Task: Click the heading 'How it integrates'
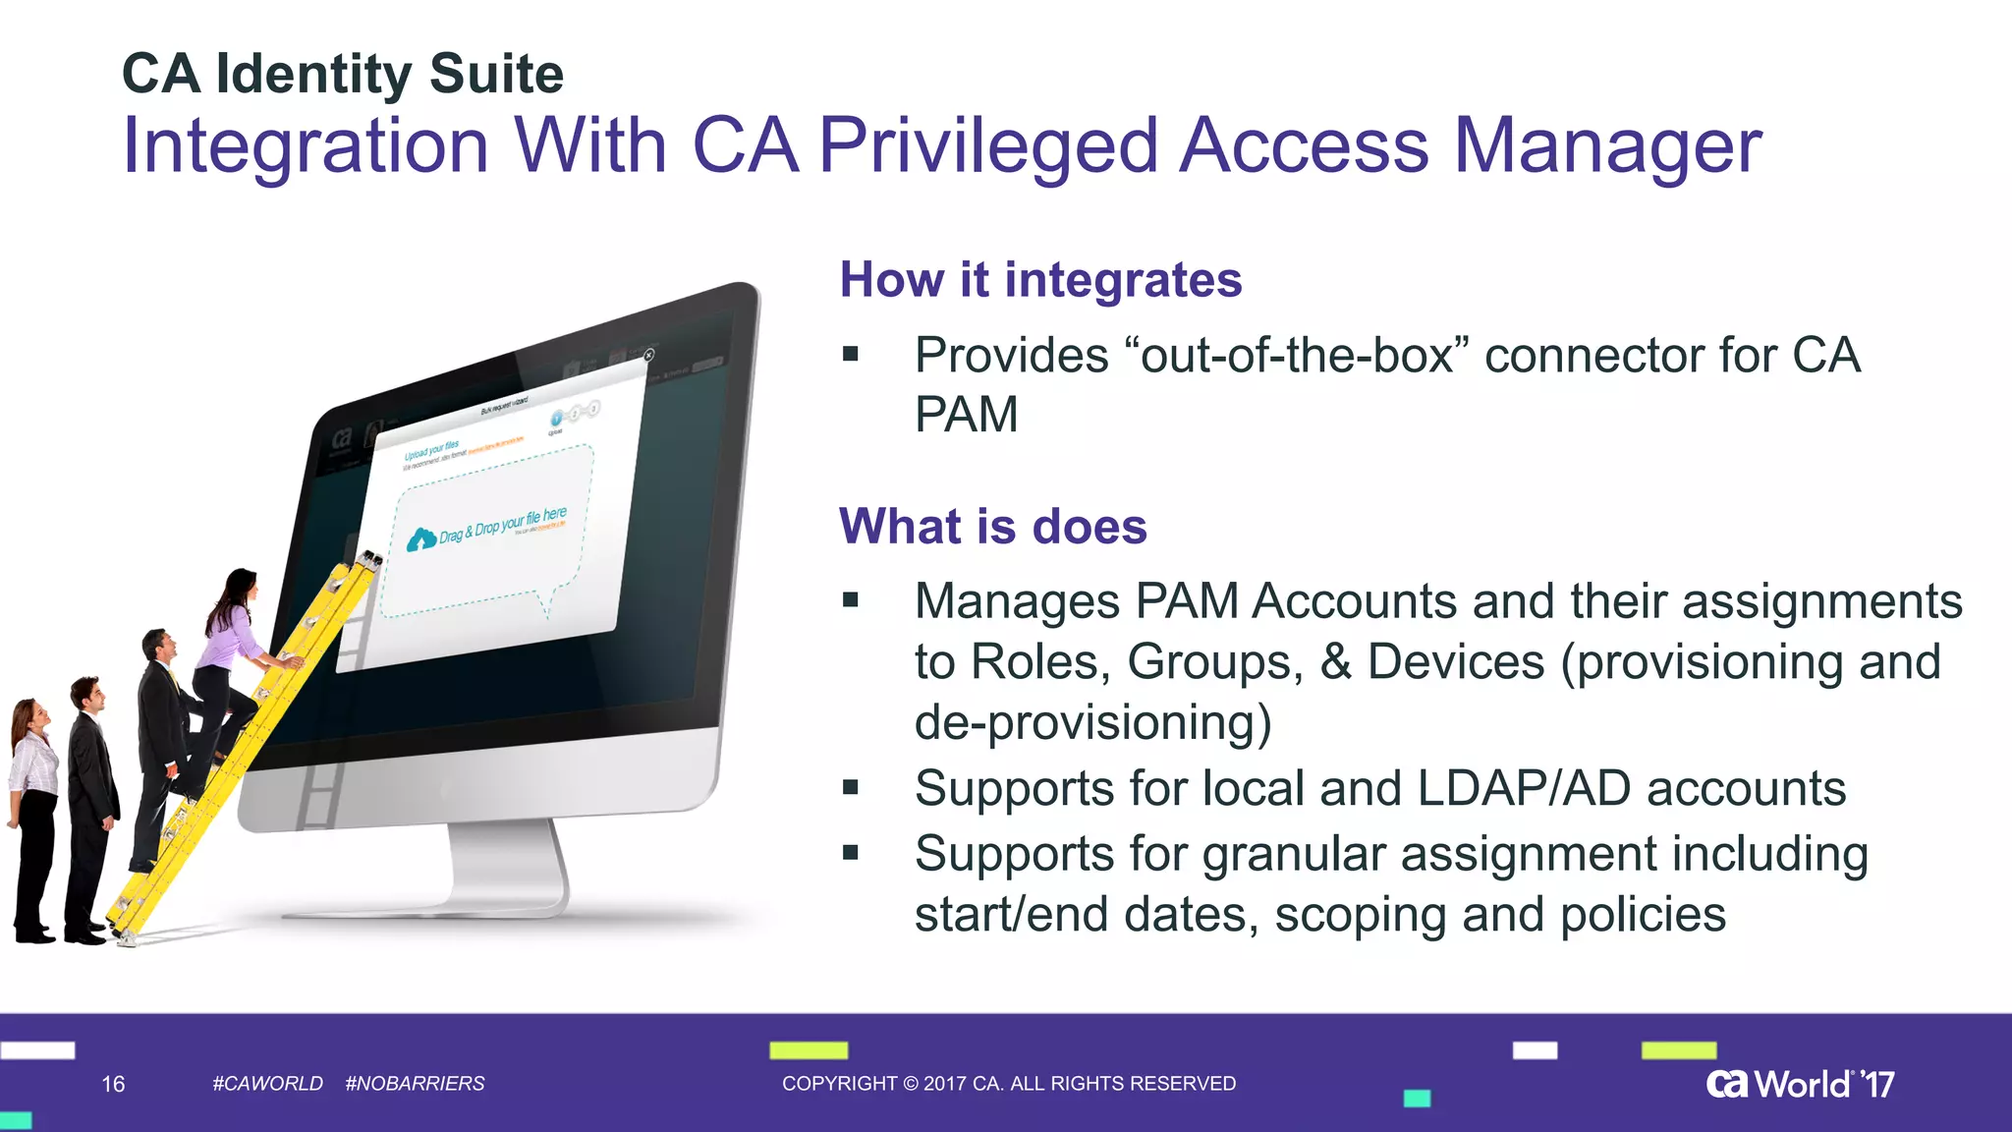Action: (x=1040, y=280)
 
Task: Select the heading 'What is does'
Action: (x=992, y=527)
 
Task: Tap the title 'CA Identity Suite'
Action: (x=343, y=74)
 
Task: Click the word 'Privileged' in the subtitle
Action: (x=988, y=146)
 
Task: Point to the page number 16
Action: (x=113, y=1084)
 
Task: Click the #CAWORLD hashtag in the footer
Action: (x=267, y=1083)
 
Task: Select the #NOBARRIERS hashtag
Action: (x=415, y=1083)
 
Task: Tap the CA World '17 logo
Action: (x=1800, y=1084)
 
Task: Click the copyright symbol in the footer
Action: (x=910, y=1083)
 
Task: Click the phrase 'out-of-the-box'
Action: (x=1296, y=355)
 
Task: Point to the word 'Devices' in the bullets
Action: (x=1456, y=661)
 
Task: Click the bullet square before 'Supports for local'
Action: (x=851, y=787)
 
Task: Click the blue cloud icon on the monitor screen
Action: (x=421, y=539)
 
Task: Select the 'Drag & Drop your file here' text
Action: (x=503, y=525)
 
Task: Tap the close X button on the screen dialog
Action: (x=648, y=355)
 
